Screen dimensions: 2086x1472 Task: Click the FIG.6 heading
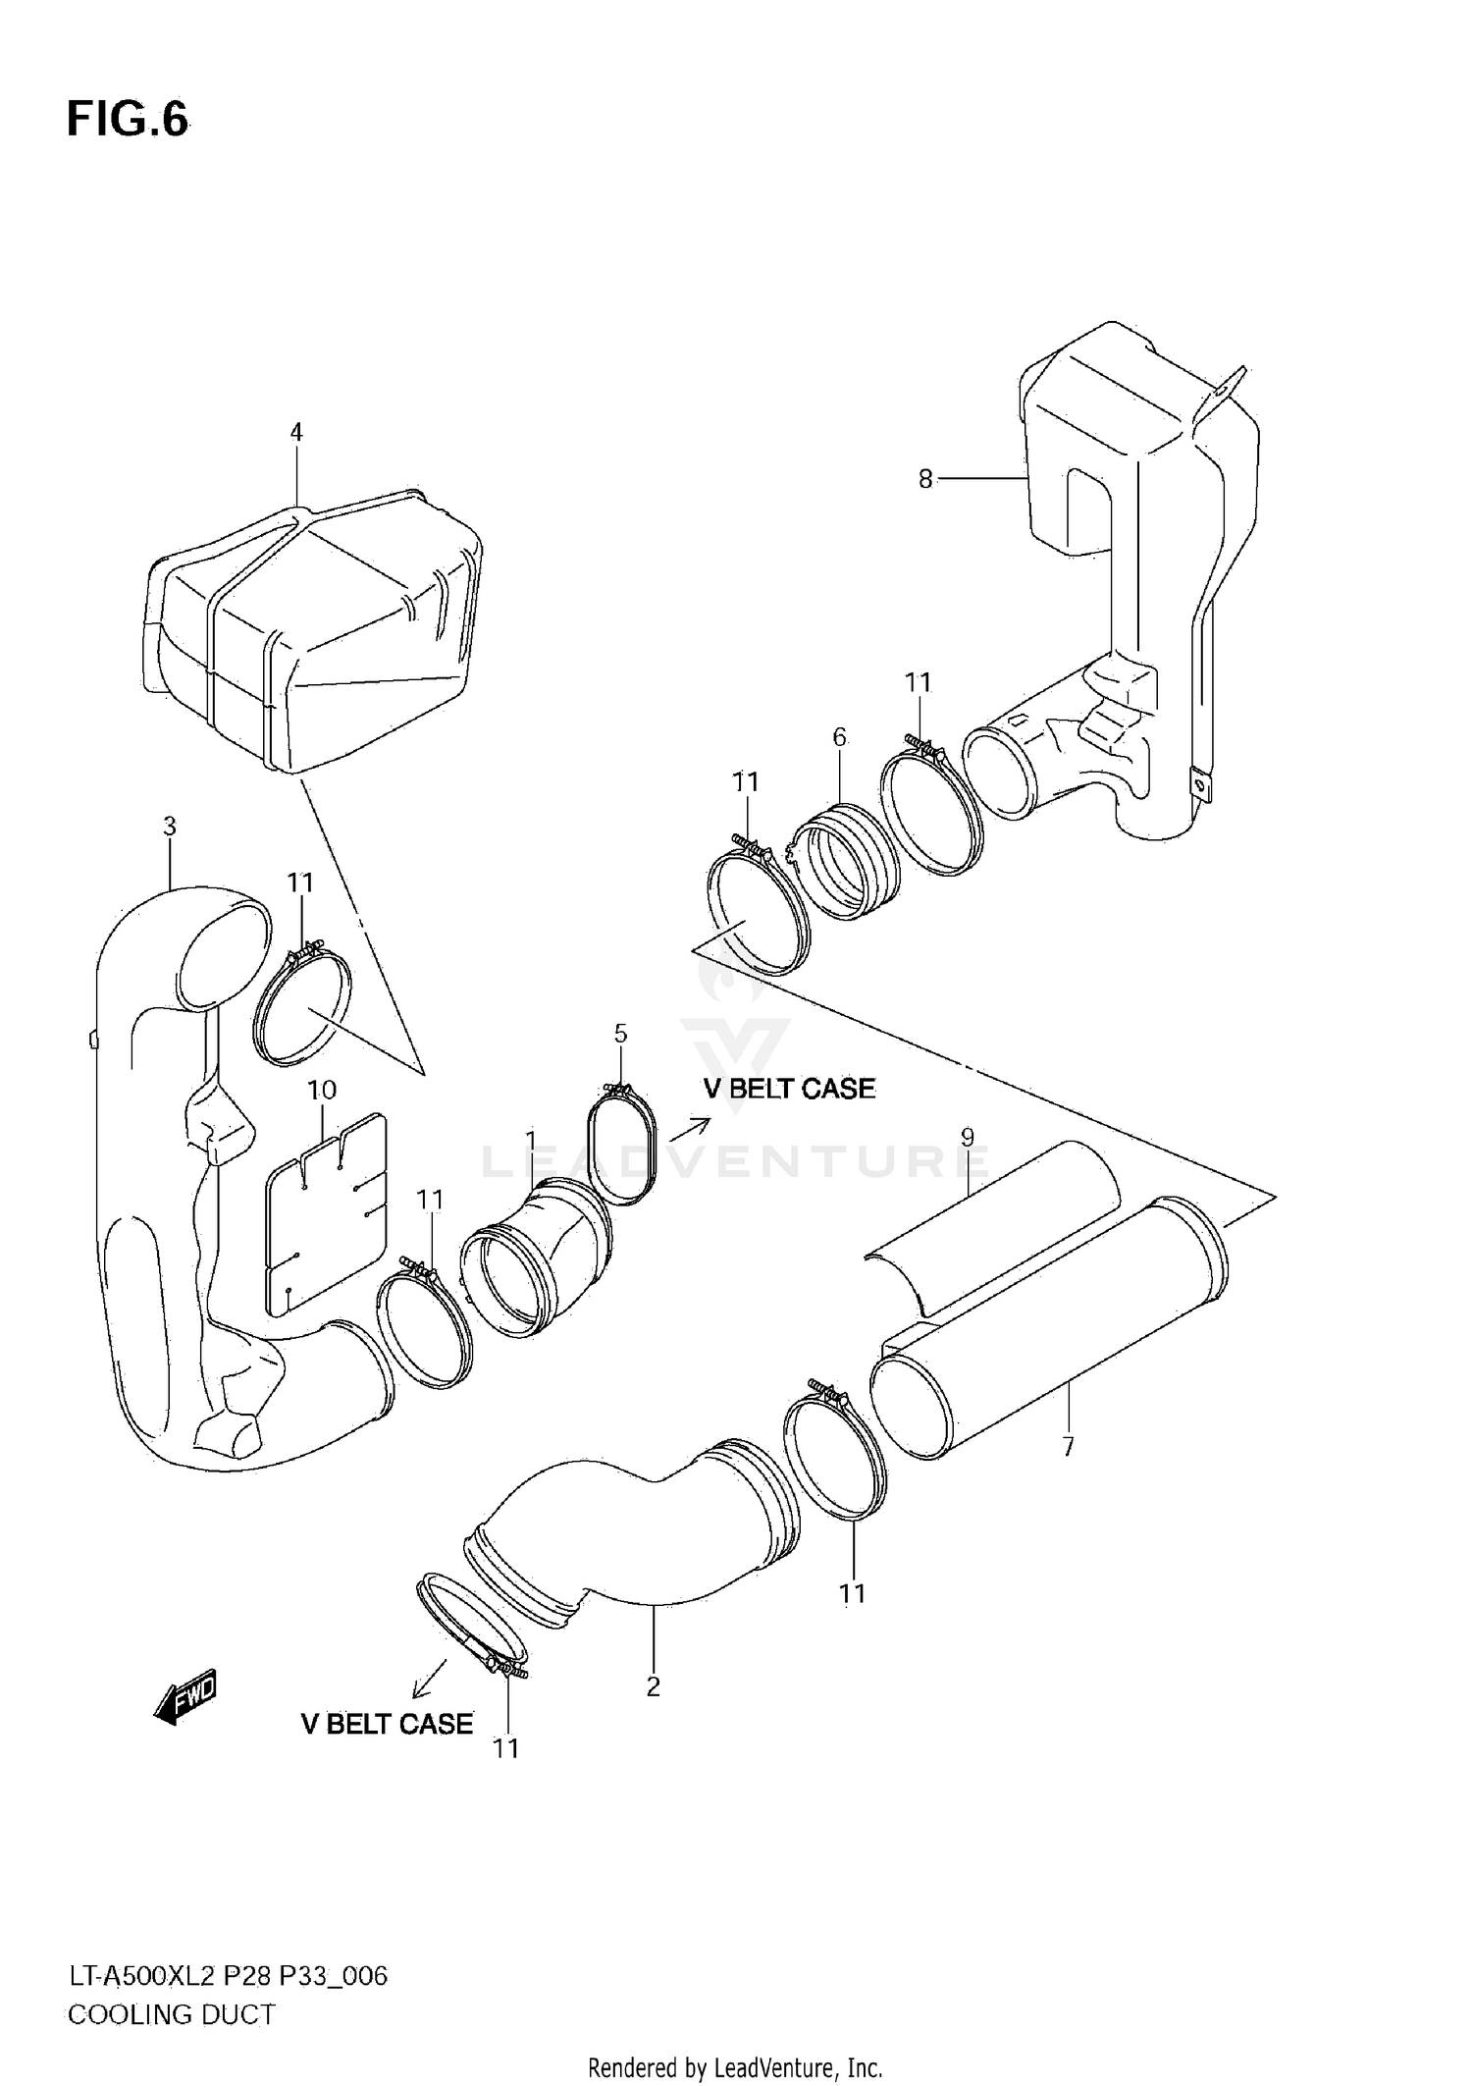(x=127, y=119)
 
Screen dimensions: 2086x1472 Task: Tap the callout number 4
(x=296, y=432)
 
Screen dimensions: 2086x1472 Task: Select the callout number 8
(x=925, y=479)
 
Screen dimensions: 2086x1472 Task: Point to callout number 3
(x=170, y=827)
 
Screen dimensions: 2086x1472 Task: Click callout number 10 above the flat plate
(x=322, y=1090)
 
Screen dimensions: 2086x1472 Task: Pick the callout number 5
(x=620, y=1033)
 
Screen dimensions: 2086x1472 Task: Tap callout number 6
(x=839, y=736)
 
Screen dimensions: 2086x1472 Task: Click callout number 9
(x=968, y=1138)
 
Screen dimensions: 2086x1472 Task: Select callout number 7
(x=1069, y=1445)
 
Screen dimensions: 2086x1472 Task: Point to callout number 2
(x=654, y=1686)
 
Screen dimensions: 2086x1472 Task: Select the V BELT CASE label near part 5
(x=789, y=1089)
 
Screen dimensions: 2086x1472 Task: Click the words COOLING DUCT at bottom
(x=172, y=2014)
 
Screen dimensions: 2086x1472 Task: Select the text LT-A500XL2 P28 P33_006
(x=228, y=1975)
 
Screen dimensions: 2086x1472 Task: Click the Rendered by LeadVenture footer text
(x=735, y=2068)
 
